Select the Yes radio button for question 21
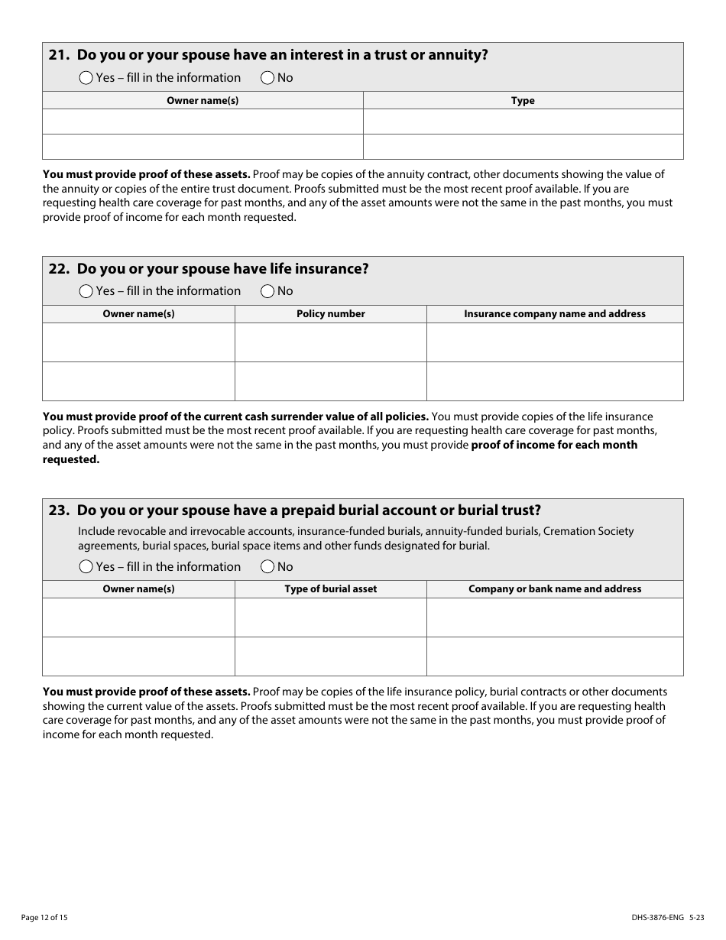[x=86, y=77]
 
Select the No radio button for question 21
[x=267, y=77]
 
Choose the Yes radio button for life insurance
[x=86, y=291]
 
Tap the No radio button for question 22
[x=267, y=291]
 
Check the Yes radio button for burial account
[x=86, y=566]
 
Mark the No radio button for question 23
[x=267, y=566]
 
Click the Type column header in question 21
[x=523, y=101]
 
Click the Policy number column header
[x=330, y=314]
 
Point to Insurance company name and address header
[x=554, y=314]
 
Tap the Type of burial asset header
[x=330, y=589]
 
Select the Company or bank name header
[x=554, y=589]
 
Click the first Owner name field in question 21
[x=203, y=122]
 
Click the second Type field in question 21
[x=523, y=147]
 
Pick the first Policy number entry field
[x=330, y=342]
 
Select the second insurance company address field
[x=554, y=381]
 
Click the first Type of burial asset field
[x=330, y=617]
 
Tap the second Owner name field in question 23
[x=138, y=656]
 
